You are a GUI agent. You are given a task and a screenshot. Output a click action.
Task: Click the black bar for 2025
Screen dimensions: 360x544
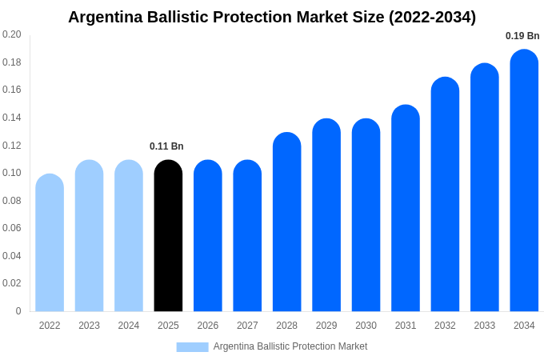[168, 236]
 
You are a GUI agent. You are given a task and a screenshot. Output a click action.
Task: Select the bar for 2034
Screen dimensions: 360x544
[524, 181]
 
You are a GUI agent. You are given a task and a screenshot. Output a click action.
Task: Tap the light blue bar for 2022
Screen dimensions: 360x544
[50, 243]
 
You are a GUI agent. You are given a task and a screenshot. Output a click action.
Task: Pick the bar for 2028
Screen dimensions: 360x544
[286, 222]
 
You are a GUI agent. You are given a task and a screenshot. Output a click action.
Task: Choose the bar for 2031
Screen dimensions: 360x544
[406, 208]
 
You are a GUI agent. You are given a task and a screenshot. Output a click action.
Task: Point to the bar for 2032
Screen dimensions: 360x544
[445, 194]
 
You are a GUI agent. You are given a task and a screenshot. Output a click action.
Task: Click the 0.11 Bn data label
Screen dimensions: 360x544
[166, 146]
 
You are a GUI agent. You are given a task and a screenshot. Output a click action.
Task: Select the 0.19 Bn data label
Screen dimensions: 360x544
[522, 36]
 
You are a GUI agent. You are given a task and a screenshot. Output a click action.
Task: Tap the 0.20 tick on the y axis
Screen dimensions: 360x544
[12, 34]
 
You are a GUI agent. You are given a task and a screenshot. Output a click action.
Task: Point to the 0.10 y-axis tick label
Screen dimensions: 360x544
[12, 173]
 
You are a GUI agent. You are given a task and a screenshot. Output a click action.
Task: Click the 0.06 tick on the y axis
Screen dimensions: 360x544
[12, 228]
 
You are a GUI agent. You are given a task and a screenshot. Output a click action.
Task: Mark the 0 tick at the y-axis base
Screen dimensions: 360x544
[18, 311]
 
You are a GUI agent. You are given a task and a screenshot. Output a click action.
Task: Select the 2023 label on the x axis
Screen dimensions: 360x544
[89, 326]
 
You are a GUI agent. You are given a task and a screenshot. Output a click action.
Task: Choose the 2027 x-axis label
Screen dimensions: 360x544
[247, 326]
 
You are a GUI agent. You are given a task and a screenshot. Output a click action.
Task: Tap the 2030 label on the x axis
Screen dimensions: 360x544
[366, 326]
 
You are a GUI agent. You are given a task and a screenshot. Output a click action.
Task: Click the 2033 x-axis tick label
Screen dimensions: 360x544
[484, 326]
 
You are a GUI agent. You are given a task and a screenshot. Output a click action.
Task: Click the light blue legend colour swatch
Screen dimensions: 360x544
[192, 347]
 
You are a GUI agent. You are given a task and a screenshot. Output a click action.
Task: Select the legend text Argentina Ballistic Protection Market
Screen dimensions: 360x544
[290, 346]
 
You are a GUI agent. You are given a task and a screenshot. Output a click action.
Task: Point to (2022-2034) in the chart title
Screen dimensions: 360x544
[432, 17]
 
